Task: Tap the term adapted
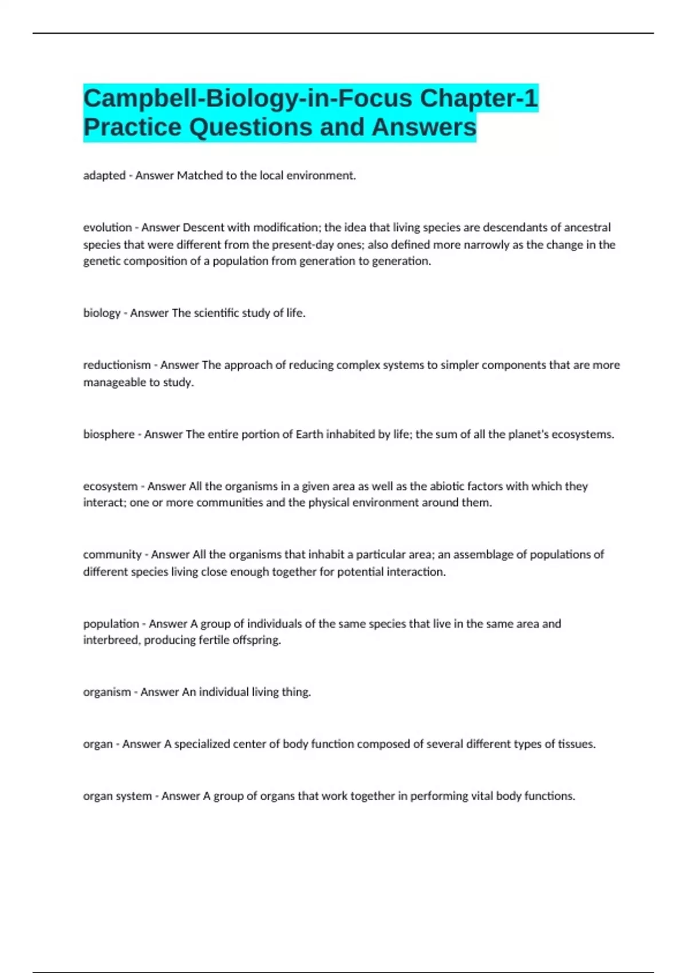pyautogui.click(x=104, y=176)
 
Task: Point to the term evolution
pyautogui.click(x=108, y=227)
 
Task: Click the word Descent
pyautogui.click(x=203, y=227)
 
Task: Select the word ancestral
pyautogui.click(x=587, y=227)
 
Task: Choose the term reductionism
pyautogui.click(x=117, y=365)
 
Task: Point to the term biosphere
pyautogui.click(x=109, y=434)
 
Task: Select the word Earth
pyautogui.click(x=309, y=434)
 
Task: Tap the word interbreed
pyautogui.click(x=111, y=640)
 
